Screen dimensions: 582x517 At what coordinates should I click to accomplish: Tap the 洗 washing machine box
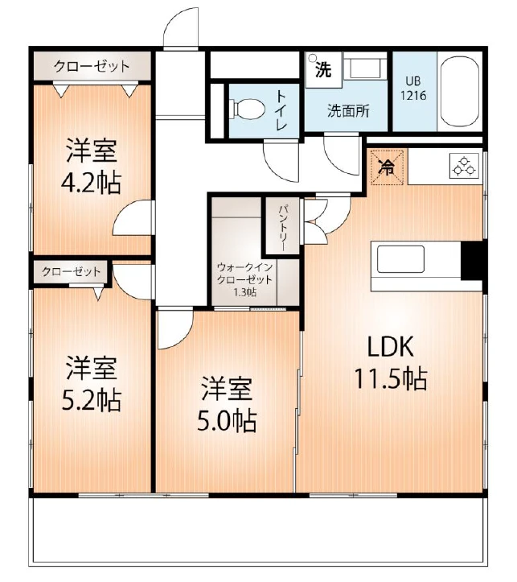[x=322, y=69]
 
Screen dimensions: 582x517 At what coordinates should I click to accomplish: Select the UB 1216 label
[x=414, y=88]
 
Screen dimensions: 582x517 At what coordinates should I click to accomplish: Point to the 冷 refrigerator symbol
[x=387, y=167]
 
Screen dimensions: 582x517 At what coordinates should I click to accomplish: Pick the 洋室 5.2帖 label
[x=91, y=384]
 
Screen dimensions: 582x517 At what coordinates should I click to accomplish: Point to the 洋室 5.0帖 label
[x=228, y=404]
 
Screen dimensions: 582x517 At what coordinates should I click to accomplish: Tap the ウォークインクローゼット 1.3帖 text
[x=245, y=279]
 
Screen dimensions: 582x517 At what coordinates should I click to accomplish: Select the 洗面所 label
[x=347, y=111]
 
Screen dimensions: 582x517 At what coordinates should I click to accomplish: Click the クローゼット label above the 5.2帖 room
[x=72, y=271]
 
